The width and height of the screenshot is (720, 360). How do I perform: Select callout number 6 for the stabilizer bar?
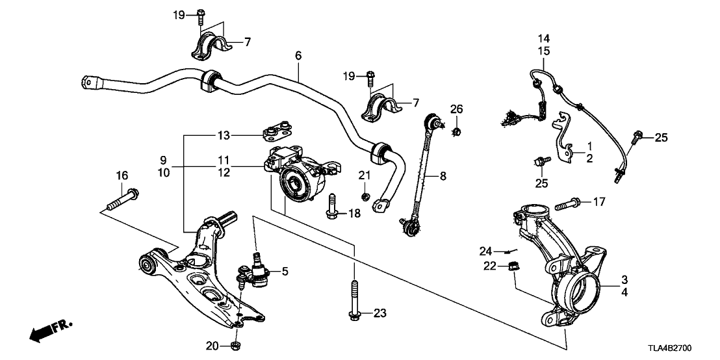pos(298,56)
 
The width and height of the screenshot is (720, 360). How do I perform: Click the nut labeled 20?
pos(237,344)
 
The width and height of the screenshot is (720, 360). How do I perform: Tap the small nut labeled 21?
pos(365,195)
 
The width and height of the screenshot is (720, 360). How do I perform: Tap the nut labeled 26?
pos(457,132)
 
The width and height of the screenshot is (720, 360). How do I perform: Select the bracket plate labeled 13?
pos(276,135)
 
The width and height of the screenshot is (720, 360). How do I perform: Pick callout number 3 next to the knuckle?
pos(624,280)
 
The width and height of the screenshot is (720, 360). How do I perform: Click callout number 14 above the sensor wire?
pos(543,38)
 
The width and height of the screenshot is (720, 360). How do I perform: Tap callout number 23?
pos(379,313)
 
